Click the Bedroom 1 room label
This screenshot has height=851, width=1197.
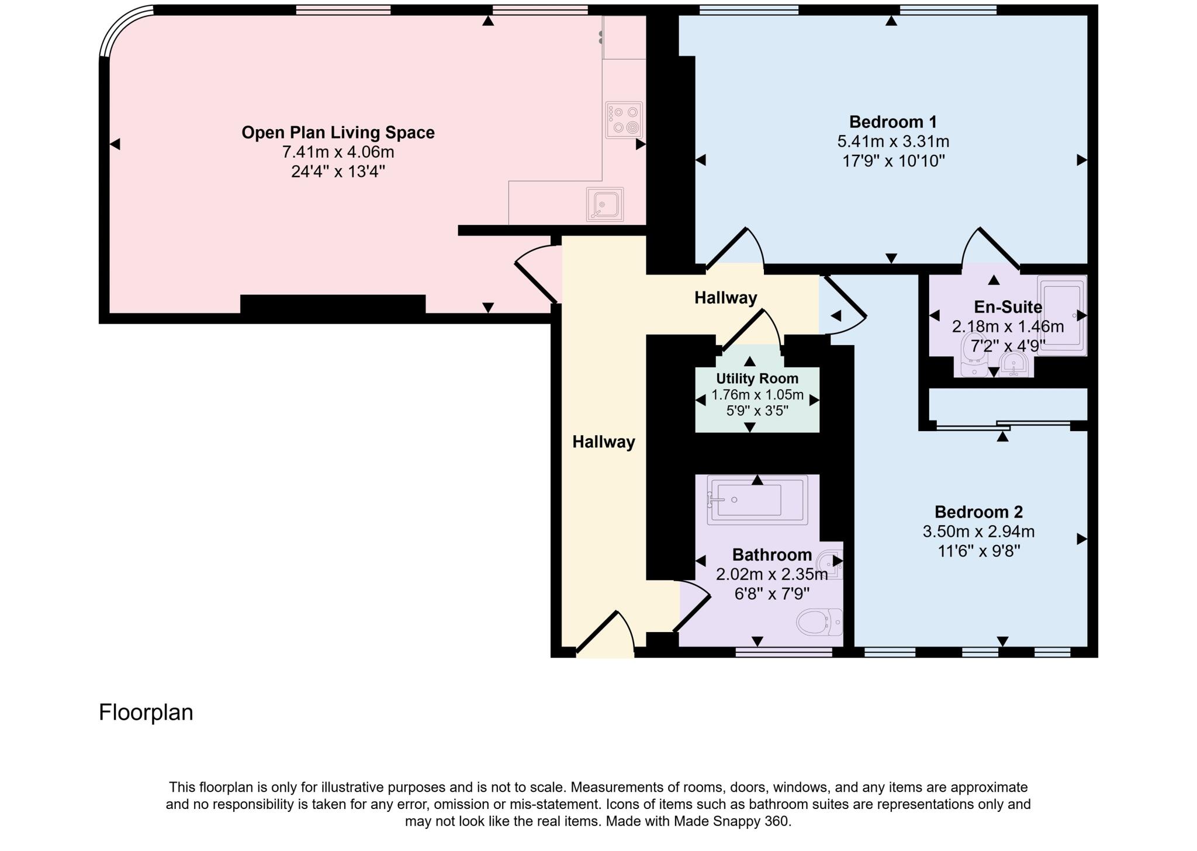pyautogui.click(x=892, y=122)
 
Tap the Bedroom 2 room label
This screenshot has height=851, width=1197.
pyautogui.click(x=978, y=512)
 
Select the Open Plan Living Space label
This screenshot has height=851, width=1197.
pyautogui.click(x=338, y=133)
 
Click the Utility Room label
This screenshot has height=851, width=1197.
pyautogui.click(x=757, y=378)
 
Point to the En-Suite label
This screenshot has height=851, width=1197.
pyautogui.click(x=1008, y=307)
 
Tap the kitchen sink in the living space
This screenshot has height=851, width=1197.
pyautogui.click(x=605, y=204)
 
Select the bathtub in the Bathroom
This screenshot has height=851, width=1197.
pyautogui.click(x=757, y=499)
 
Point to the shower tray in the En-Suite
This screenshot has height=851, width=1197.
pyautogui.click(x=1062, y=315)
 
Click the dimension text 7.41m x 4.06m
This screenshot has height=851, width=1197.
pyautogui.click(x=338, y=152)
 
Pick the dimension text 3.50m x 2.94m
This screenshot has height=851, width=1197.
pyautogui.click(x=978, y=532)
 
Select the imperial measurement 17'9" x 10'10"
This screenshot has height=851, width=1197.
pyautogui.click(x=892, y=161)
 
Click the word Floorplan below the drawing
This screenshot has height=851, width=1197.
pyautogui.click(x=146, y=713)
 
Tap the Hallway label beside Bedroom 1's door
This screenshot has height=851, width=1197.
pyautogui.click(x=725, y=298)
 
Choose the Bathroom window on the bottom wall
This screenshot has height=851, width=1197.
pyautogui.click(x=783, y=652)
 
